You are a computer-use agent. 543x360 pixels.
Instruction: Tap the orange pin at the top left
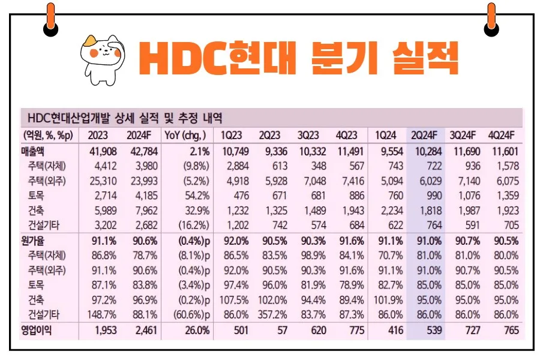click(x=50, y=17)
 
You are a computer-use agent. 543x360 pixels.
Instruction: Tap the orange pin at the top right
click(x=491, y=17)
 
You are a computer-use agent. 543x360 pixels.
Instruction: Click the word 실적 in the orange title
click(x=424, y=58)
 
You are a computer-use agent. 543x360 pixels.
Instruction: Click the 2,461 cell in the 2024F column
click(x=142, y=330)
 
